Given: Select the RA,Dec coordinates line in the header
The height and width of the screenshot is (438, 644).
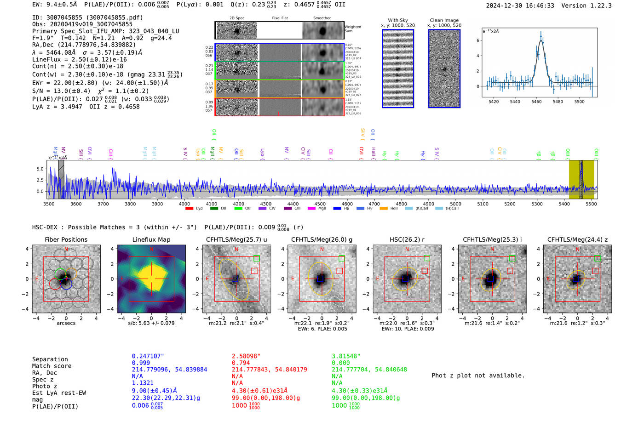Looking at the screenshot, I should point(84,45).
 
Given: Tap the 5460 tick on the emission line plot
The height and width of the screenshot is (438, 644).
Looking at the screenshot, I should point(536,102).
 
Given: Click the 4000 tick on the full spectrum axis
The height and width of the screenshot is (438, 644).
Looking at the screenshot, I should point(184,204).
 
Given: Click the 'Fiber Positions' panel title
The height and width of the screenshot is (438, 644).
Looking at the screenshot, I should point(66,239).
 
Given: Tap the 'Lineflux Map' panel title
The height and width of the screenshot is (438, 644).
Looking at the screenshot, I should point(151,239).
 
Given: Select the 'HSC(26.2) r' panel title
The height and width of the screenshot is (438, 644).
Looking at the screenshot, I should point(407,239).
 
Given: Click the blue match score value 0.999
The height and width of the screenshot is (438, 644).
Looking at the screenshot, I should point(141,363).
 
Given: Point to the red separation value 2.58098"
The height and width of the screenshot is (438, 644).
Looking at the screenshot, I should point(246,356).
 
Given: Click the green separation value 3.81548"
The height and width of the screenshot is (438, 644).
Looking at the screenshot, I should point(346,356).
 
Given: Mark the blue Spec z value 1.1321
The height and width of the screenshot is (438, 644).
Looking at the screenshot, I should point(142,383).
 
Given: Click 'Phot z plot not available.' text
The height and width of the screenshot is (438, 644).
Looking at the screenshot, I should point(478,375).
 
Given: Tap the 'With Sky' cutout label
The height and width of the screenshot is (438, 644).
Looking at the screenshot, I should point(397,20).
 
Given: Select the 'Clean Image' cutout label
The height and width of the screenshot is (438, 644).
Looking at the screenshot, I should point(444,20).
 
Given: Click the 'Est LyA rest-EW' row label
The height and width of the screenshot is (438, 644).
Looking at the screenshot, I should point(59,393).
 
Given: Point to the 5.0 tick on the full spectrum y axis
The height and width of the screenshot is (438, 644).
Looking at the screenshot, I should point(40,169).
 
